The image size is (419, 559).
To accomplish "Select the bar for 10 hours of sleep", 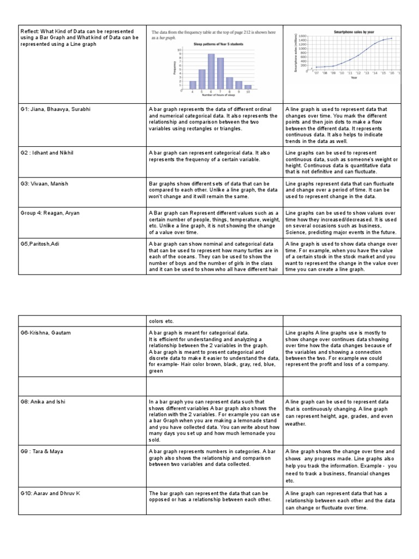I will click(248, 86).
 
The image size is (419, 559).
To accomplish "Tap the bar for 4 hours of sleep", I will click(192, 85).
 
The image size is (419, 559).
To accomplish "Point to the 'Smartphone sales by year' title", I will click(351, 32).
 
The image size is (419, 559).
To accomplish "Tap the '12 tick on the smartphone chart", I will click(358, 72).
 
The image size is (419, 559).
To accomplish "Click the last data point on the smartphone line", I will click(391, 38).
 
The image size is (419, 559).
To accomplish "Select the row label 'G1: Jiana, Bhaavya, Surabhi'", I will click(54, 110).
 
